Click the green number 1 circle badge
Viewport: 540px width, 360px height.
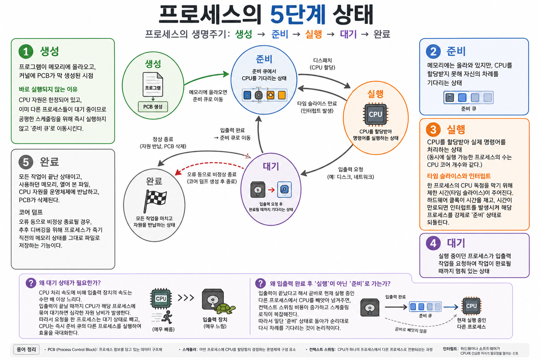coord(26,51)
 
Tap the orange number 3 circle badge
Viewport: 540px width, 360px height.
coord(433,129)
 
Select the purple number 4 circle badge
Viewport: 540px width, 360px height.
coord(433,243)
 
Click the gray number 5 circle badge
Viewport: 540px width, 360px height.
coord(26,162)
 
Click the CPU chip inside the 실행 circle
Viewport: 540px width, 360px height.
coord(375,114)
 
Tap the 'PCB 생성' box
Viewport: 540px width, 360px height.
coord(153,107)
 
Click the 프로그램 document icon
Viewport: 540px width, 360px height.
coord(153,84)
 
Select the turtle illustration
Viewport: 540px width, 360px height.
coord(225,308)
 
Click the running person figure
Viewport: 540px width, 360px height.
coord(167,317)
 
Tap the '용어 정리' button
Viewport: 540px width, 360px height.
coord(26,349)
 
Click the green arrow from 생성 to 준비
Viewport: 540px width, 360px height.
coord(206,77)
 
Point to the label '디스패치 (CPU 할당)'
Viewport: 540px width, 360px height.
coord(322,64)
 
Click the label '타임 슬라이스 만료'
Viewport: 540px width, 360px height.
coord(317,103)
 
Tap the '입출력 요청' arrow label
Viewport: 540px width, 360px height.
coord(351,169)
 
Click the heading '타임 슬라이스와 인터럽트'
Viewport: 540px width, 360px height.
coord(459,176)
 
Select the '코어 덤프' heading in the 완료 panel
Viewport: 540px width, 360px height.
coord(31,212)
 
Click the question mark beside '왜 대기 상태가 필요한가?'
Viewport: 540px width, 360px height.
coord(31,283)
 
